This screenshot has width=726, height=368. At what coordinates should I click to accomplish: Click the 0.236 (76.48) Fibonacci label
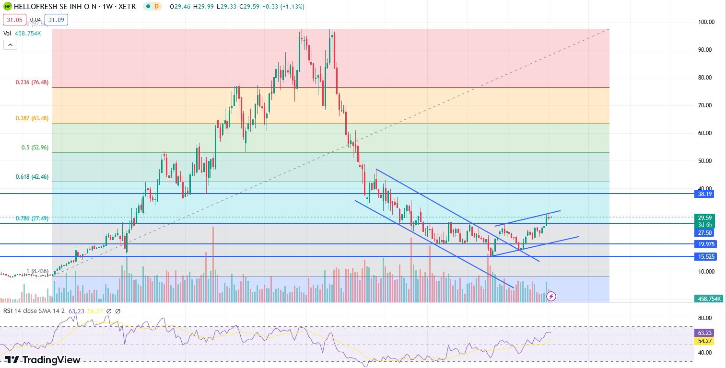pyautogui.click(x=32, y=82)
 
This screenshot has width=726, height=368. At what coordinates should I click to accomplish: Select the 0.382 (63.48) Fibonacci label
pyautogui.click(x=32, y=118)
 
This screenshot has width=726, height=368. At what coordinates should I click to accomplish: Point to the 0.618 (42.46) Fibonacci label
pyautogui.click(x=32, y=177)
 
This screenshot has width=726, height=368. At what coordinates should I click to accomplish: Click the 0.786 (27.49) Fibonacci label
pyautogui.click(x=32, y=218)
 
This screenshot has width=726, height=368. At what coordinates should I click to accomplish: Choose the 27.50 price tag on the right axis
pyautogui.click(x=704, y=232)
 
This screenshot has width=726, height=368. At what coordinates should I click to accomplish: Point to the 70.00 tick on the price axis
pyautogui.click(x=705, y=105)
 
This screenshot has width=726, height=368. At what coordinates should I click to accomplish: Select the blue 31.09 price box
pyautogui.click(x=56, y=20)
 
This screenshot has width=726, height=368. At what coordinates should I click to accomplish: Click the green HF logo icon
pyautogui.click(x=8, y=7)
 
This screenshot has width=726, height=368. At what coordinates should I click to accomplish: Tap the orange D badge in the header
pyautogui.click(x=157, y=7)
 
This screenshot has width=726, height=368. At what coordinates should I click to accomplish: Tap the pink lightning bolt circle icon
pyautogui.click(x=551, y=296)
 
